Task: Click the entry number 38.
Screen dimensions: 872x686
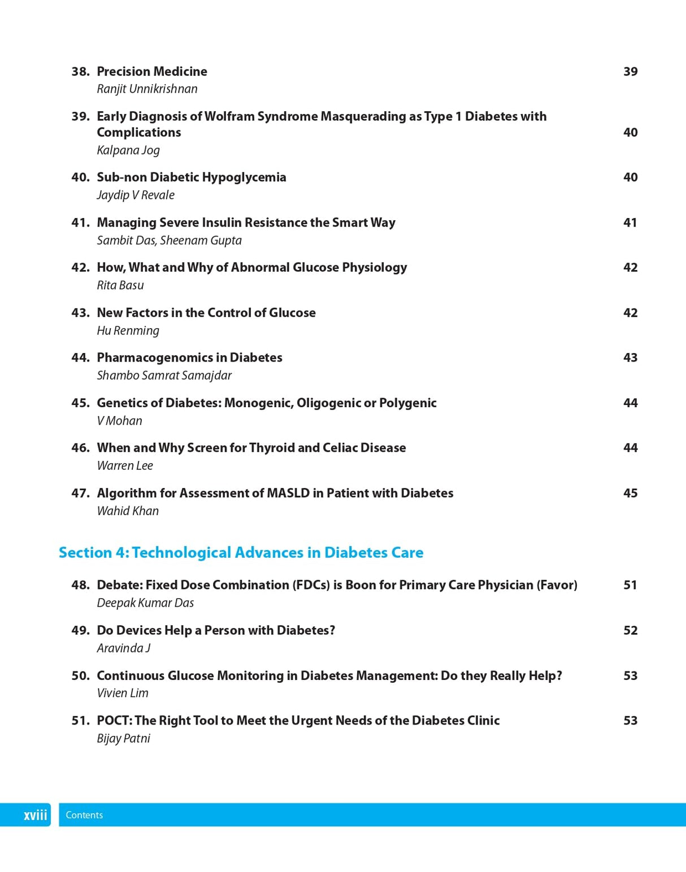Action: (80, 72)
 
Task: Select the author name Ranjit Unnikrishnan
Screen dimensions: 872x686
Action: (147, 89)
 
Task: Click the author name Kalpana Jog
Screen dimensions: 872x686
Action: (128, 150)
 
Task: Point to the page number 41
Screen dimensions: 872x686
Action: (630, 223)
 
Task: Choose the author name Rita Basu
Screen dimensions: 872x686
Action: (120, 285)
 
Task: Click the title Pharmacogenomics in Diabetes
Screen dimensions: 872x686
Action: (189, 357)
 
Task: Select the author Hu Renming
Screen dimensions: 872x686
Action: (128, 330)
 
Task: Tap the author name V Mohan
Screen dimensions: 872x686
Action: (119, 421)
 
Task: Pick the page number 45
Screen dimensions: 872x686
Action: (630, 493)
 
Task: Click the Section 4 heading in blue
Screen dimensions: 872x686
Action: (241, 552)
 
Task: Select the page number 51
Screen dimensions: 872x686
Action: (630, 585)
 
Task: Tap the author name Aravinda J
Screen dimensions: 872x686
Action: (123, 648)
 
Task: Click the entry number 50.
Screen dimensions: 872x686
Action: (80, 676)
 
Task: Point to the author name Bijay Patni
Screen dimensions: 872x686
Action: (123, 739)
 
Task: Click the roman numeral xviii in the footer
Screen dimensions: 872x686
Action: (35, 815)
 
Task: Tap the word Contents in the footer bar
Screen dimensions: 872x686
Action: (84, 815)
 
